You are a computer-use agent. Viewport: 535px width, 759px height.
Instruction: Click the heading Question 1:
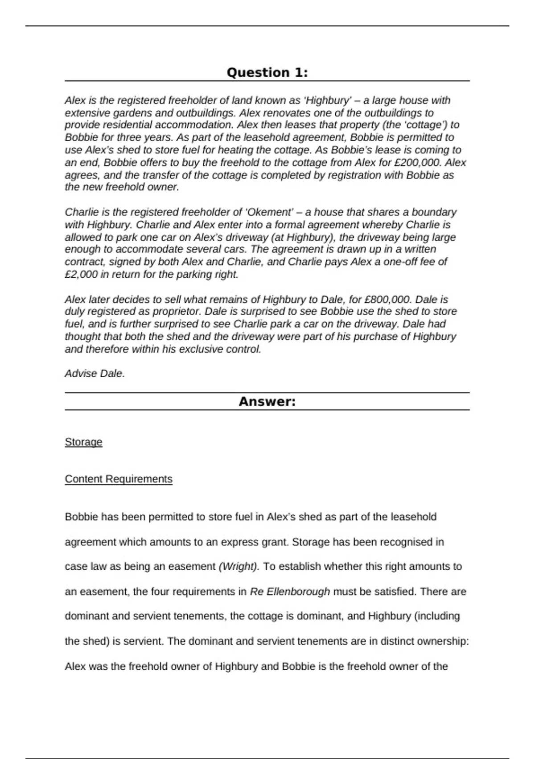coord(267,72)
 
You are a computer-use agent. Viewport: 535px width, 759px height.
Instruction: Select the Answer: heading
coord(267,401)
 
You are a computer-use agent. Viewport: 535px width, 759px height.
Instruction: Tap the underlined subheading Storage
coord(83,442)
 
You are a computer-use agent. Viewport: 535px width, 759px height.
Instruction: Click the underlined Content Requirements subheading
coord(119,479)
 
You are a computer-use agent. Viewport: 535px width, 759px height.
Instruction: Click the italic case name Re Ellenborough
coord(290,592)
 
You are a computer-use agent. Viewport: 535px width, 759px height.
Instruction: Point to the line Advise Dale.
coord(95,374)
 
